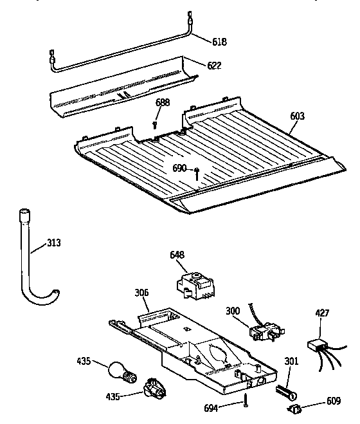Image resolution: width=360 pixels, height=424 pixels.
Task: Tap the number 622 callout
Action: (215, 65)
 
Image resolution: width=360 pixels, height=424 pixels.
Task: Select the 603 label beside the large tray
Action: (297, 116)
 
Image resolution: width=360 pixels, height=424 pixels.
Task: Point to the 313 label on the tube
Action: (56, 244)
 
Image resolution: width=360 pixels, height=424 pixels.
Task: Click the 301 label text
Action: (291, 362)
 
